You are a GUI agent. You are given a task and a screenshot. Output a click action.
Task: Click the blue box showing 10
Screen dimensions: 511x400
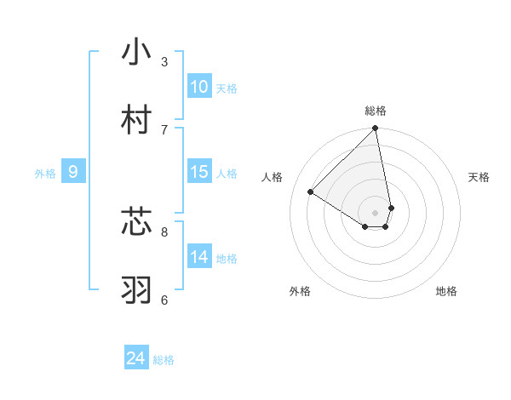tap(198, 86)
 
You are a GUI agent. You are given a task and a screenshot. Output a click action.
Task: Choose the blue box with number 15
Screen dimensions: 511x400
tap(198, 172)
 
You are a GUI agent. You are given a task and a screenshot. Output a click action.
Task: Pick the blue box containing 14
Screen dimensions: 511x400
tap(198, 256)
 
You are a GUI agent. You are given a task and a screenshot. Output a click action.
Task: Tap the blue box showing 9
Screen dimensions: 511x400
tap(73, 172)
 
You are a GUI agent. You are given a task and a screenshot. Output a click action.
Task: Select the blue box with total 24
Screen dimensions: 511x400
tap(136, 358)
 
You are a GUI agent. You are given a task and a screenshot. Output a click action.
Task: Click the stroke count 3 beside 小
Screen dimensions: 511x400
tap(164, 61)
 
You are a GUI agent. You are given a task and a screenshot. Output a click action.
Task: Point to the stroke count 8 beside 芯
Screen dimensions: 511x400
tap(164, 231)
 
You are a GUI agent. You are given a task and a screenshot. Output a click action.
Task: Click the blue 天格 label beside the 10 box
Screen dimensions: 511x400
tap(227, 89)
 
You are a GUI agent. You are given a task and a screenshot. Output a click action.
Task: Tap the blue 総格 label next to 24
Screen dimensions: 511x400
tap(164, 361)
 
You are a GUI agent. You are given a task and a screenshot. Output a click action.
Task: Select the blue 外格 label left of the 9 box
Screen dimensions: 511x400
tap(45, 174)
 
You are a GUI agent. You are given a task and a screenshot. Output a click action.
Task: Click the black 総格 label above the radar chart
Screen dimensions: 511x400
tap(376, 111)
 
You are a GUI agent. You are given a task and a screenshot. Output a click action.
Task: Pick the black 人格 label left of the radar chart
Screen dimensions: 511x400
tap(273, 177)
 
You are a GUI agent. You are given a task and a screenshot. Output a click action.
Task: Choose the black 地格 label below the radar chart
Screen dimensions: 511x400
tap(446, 291)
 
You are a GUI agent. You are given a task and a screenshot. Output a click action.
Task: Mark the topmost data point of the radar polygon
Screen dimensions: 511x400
tap(376, 129)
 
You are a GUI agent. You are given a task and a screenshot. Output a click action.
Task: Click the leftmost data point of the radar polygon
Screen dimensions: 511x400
tap(311, 192)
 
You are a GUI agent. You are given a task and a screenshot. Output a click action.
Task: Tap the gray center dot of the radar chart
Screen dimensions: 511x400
tap(376, 212)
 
